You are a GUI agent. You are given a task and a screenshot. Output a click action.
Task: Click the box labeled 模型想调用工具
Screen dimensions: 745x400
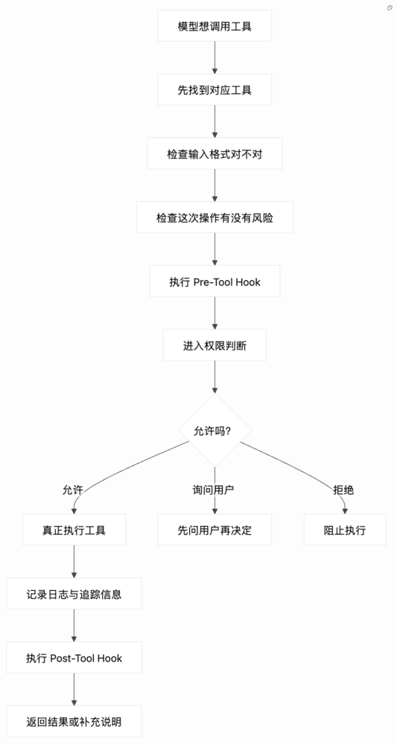[x=215, y=26]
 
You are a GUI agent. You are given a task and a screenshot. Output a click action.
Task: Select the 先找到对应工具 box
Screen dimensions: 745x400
[x=215, y=89]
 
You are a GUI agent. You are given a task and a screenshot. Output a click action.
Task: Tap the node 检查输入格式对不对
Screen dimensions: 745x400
[x=215, y=153]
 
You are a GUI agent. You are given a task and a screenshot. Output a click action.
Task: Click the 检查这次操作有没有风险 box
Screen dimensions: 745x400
[x=215, y=218]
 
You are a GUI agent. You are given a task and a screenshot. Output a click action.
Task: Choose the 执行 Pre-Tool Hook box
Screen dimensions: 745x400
[x=215, y=282]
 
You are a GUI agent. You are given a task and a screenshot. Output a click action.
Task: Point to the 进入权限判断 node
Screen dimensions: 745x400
[x=215, y=345]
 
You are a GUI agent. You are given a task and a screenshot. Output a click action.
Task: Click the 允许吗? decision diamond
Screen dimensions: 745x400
[x=215, y=431]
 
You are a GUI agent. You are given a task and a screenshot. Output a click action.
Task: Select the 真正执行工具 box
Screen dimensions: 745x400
[x=74, y=530]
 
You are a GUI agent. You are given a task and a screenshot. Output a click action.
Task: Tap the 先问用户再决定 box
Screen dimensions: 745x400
[x=215, y=530]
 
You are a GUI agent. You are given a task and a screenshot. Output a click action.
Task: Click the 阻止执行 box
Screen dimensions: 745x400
[x=345, y=530]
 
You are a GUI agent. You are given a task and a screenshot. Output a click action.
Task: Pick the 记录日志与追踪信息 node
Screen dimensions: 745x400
[x=74, y=594]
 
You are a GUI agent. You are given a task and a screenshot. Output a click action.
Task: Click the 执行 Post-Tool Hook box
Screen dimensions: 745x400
[x=74, y=658]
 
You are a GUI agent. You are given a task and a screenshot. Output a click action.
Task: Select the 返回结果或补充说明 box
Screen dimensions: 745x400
[x=74, y=721]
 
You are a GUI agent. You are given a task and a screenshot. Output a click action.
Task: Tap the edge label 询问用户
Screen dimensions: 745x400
[x=215, y=490]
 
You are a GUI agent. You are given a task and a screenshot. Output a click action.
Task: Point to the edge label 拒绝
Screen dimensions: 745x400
[x=343, y=490]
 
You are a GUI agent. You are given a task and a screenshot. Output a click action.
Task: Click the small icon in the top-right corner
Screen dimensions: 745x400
[x=390, y=7]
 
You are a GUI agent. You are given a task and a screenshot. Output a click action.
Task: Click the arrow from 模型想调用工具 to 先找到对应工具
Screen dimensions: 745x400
[x=215, y=57]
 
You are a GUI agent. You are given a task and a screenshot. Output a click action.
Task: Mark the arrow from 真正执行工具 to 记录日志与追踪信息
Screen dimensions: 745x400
[x=74, y=562]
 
